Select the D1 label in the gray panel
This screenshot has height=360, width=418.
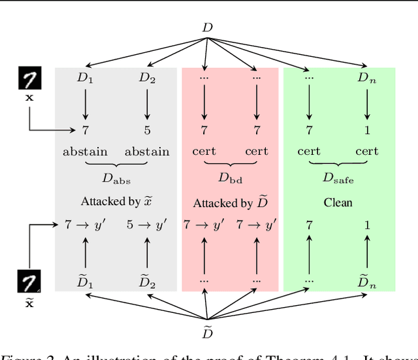[x=86, y=78]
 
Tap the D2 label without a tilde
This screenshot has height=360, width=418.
[x=147, y=78]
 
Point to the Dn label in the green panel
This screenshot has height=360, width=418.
[x=366, y=78]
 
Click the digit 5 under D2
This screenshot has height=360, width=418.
[x=147, y=131]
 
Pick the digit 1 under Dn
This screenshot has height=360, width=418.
[x=366, y=131]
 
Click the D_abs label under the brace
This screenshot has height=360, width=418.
[x=116, y=179]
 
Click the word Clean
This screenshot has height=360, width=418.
[x=338, y=203]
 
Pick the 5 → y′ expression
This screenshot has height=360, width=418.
[x=146, y=225]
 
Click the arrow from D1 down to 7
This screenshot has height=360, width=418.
[x=86, y=103]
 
